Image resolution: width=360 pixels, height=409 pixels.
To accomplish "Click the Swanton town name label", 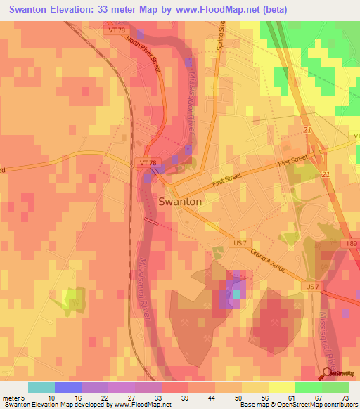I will [181, 201].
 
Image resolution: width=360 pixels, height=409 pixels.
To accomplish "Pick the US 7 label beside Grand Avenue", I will [240, 242].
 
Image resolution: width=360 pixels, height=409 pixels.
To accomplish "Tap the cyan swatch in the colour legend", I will [41, 387].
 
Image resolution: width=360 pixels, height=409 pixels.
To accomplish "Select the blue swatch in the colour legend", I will [68, 387].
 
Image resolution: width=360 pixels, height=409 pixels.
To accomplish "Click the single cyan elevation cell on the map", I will [236, 293].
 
